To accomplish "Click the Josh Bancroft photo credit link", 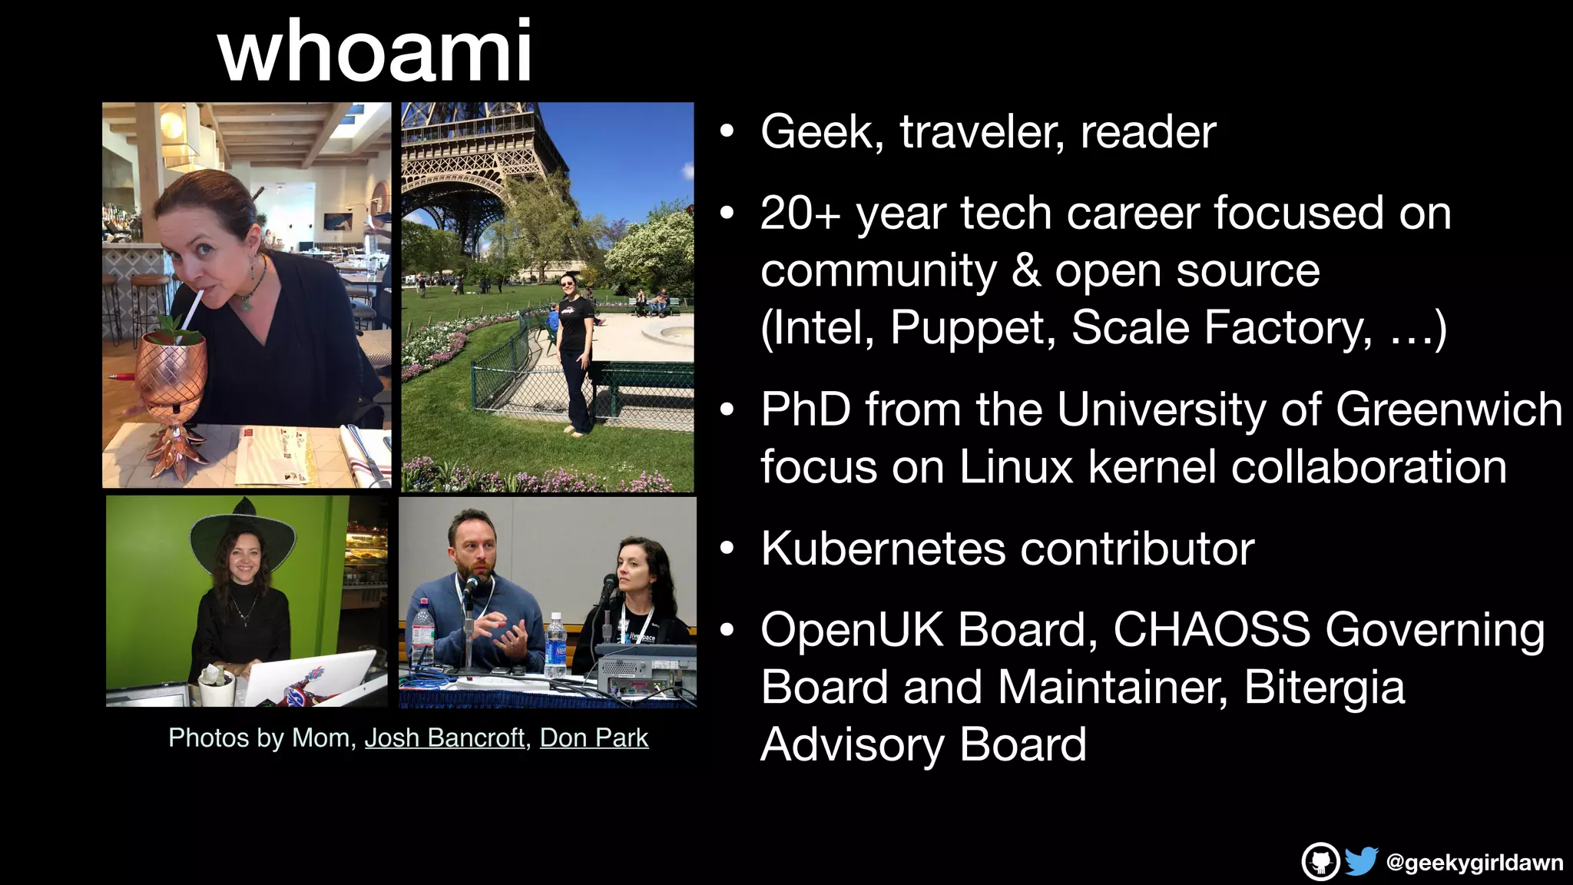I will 444,737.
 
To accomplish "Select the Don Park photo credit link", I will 594,737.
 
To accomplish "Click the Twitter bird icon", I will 1361,861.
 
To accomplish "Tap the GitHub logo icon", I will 1320,861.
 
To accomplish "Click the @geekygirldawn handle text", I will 1474,863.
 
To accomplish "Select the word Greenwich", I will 1449,409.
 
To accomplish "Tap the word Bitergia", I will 1324,687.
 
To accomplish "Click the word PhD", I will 806,409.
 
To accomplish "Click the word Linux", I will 1016,467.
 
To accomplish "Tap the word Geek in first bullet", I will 816,132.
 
